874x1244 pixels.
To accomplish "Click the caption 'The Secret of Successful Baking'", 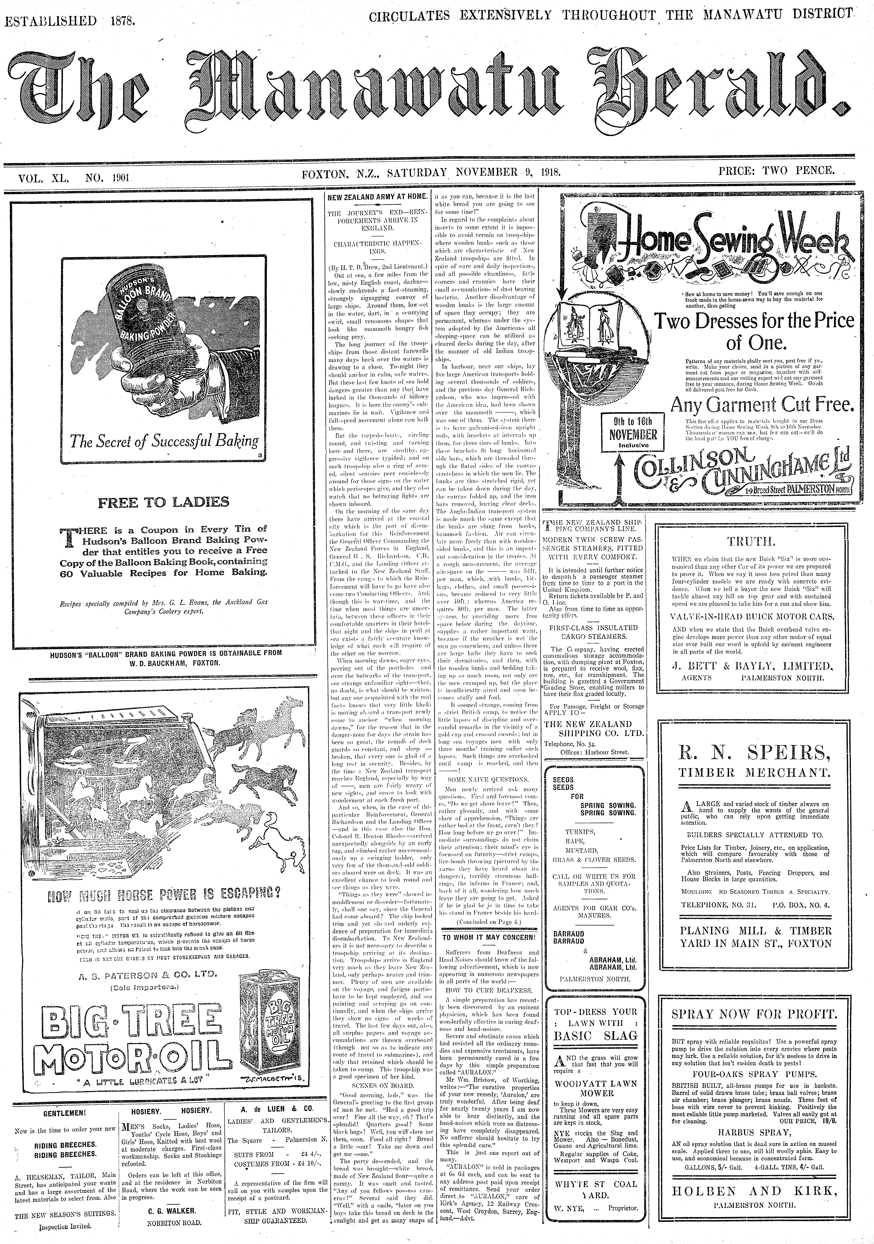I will pos(163,441).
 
